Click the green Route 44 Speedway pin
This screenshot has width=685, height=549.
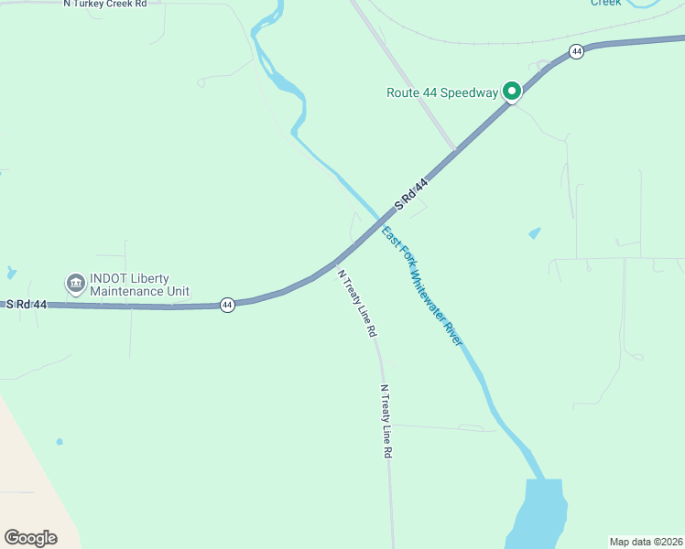click(x=511, y=91)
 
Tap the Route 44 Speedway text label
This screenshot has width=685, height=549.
click(x=442, y=92)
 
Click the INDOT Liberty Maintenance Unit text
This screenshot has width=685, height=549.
click(x=139, y=285)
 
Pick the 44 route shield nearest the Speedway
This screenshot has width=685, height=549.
click(x=576, y=52)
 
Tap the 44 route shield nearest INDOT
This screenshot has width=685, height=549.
click(x=227, y=304)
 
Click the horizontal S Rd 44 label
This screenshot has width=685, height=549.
click(x=27, y=304)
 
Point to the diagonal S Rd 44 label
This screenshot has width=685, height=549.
click(x=411, y=194)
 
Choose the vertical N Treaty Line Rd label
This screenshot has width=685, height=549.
click(x=386, y=421)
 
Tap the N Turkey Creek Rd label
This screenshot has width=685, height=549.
click(x=104, y=4)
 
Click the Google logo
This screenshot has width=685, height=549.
click(x=30, y=538)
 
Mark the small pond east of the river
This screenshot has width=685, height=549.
click(x=535, y=233)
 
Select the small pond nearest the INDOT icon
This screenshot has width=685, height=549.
click(x=10, y=273)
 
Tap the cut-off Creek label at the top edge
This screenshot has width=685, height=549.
click(x=605, y=3)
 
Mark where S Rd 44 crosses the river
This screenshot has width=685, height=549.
click(x=379, y=221)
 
